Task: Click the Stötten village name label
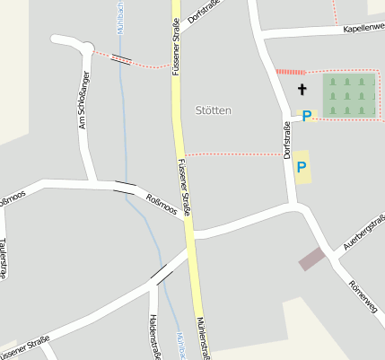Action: pyautogui.click(x=213, y=110)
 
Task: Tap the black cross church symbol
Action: pyautogui.click(x=302, y=89)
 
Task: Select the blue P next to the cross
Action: pyautogui.click(x=307, y=116)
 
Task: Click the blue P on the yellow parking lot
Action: pyautogui.click(x=302, y=166)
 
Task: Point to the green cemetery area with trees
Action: pyautogui.click(x=348, y=95)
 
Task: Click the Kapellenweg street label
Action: pyautogui.click(x=363, y=29)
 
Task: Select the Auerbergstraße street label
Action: pyautogui.click(x=363, y=231)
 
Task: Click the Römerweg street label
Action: pyautogui.click(x=363, y=297)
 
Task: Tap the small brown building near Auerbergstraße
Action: pyautogui.click(x=311, y=259)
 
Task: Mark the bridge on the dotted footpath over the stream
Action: pyautogui.click(x=121, y=60)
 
